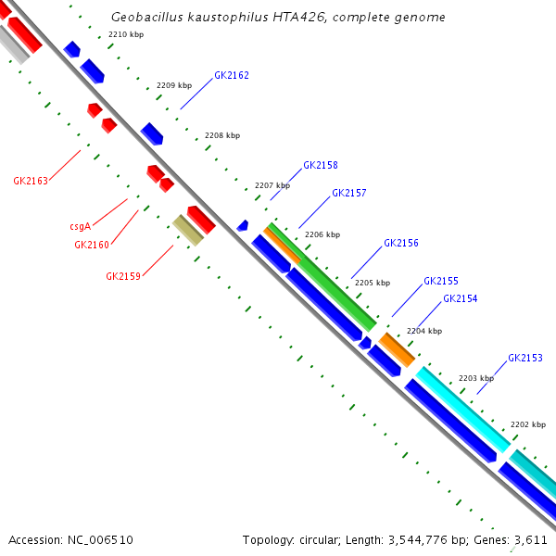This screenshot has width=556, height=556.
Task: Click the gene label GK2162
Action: pos(231,75)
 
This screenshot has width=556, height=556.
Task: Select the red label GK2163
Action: pos(31,181)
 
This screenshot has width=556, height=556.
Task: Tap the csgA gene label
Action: pos(80,226)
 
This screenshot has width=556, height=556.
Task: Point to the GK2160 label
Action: pos(92,245)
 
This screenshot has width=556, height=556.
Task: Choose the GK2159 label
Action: pos(123,276)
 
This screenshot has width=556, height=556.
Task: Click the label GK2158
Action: pos(320,165)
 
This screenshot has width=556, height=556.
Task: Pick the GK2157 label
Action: pos(349,193)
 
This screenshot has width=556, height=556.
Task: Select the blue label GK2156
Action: pos(401,243)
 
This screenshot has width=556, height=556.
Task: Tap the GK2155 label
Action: pos(441,281)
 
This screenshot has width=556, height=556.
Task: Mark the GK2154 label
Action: pos(461,298)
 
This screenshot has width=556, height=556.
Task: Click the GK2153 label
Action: pos(525,358)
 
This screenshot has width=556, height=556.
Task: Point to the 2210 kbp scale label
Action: pos(126,34)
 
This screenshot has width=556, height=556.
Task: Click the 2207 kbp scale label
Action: pos(272,185)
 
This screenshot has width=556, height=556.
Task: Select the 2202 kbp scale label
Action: pos(528,424)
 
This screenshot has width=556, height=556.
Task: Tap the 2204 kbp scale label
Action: pos(424,331)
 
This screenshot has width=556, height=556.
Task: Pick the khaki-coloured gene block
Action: pos(188,230)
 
